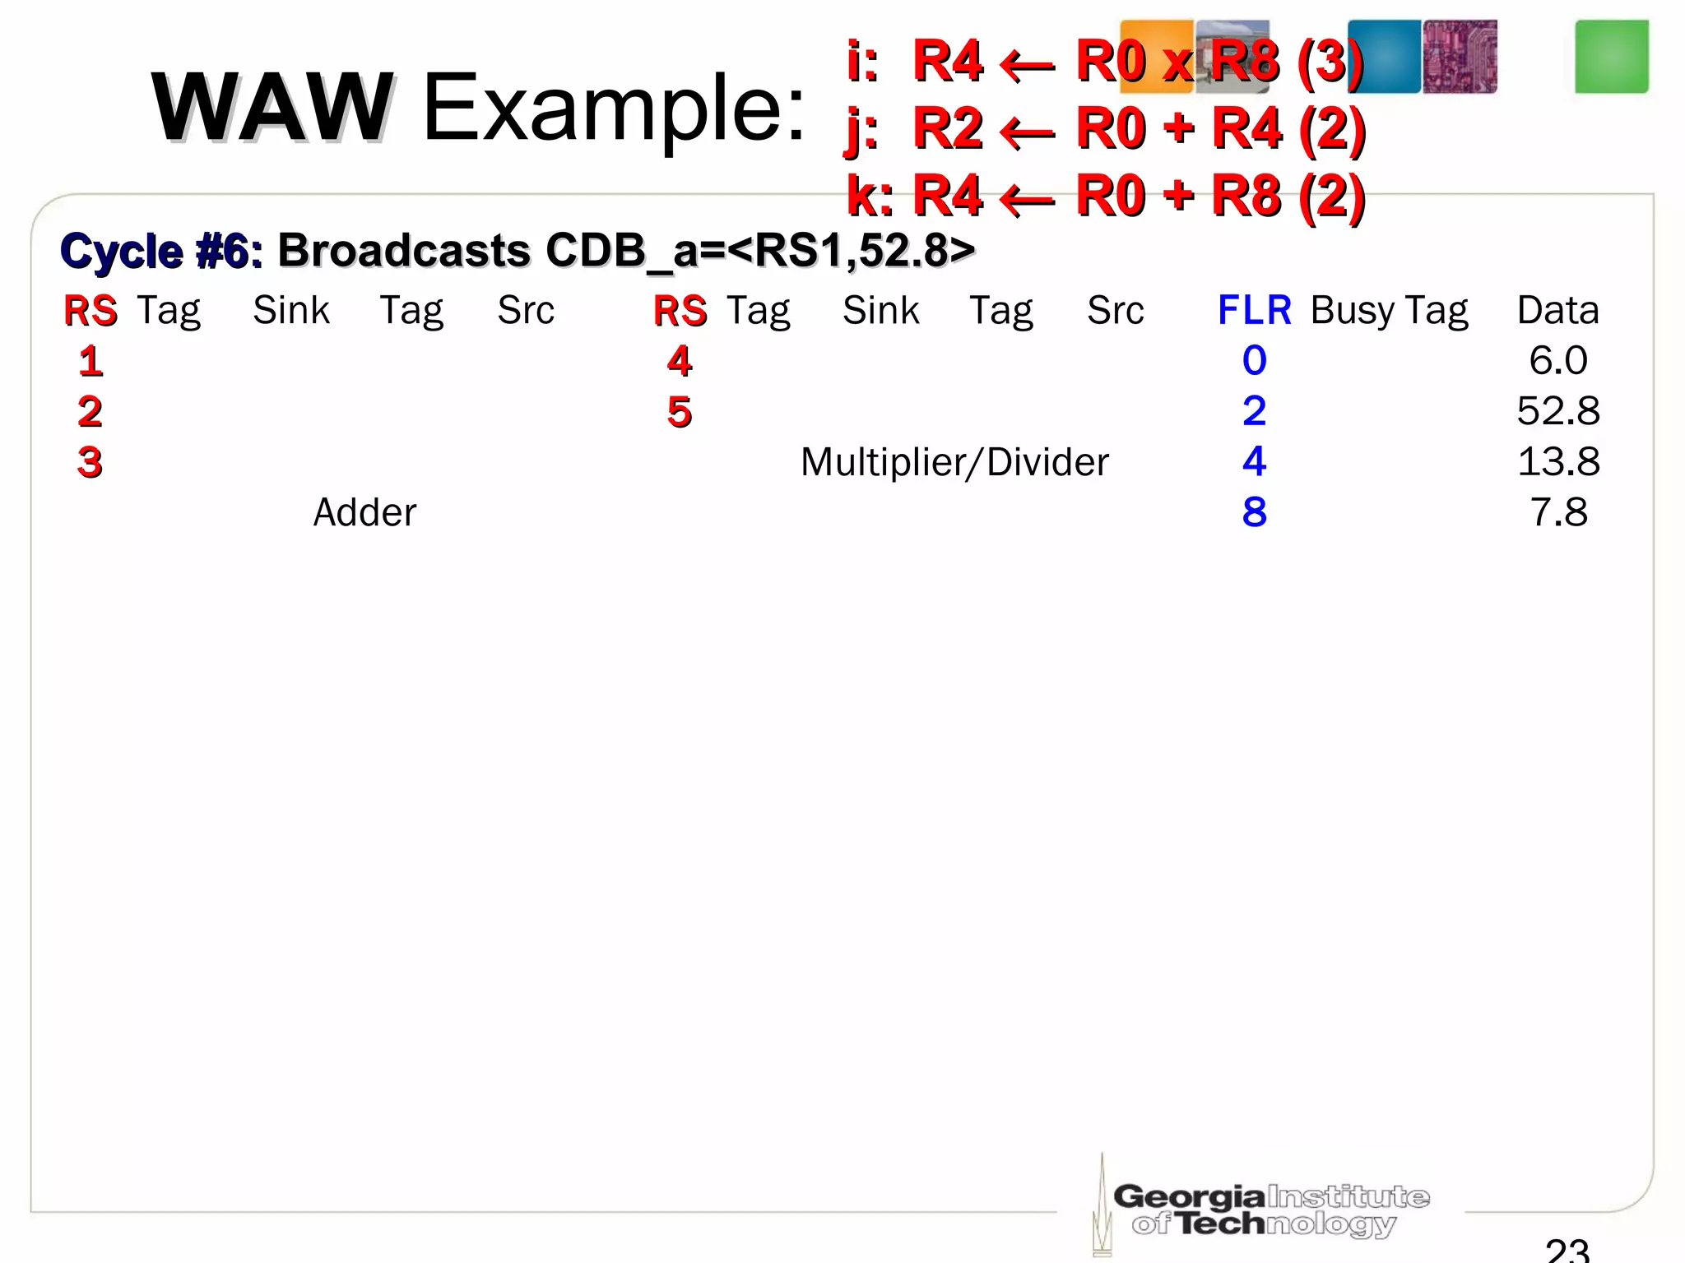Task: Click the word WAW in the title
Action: click(272, 107)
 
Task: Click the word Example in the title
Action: click(612, 107)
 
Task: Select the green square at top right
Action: click(1611, 57)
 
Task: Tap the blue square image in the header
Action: click(1384, 57)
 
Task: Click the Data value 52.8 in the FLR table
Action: click(1557, 410)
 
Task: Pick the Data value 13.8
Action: click(1557, 461)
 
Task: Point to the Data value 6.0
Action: click(1557, 360)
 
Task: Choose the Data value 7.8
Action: click(1557, 512)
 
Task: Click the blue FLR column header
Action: click(1254, 311)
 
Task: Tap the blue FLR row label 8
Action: click(1254, 512)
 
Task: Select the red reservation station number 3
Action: click(90, 462)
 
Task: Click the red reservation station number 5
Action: click(680, 411)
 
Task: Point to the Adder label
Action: click(364, 512)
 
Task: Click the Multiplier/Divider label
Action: click(954, 462)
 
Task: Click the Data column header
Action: click(1557, 311)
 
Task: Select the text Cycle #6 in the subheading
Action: click(161, 251)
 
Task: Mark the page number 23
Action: click(1567, 1249)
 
